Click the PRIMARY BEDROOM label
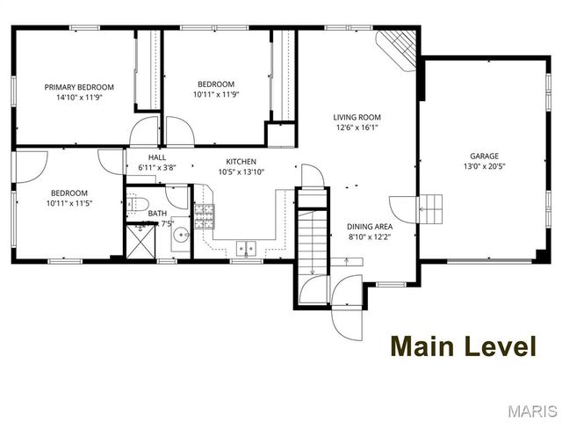pyautogui.click(x=80, y=87)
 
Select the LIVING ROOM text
pyautogui.click(x=357, y=116)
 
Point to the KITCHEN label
pyautogui.click(x=241, y=162)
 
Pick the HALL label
pyautogui.click(x=157, y=157)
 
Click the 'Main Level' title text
pyautogui.click(x=463, y=346)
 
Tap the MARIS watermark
pyautogui.click(x=530, y=411)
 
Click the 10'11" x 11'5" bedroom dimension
pyautogui.click(x=68, y=203)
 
